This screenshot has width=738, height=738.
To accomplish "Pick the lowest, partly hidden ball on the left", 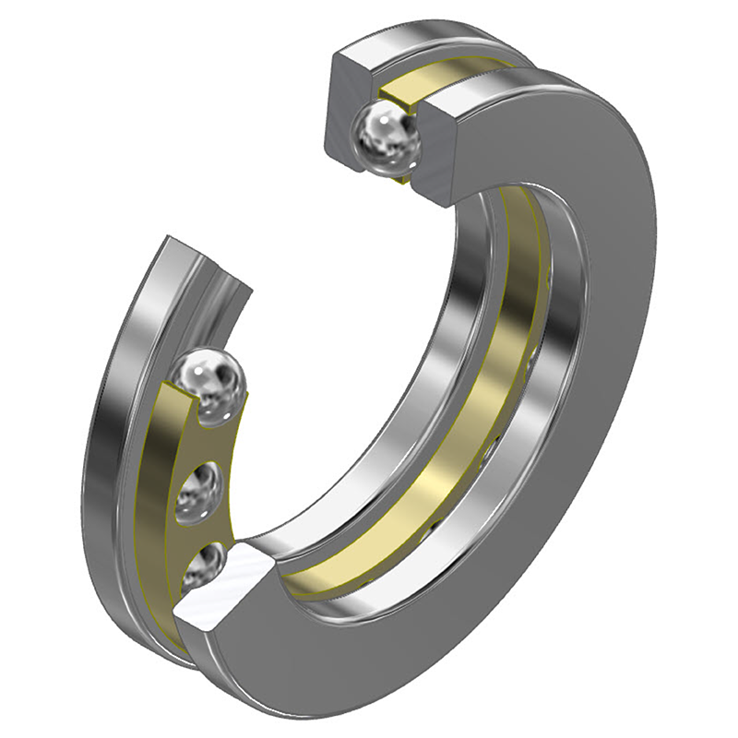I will click(201, 564).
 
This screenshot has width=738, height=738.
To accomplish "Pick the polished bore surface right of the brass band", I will click(544, 369).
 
